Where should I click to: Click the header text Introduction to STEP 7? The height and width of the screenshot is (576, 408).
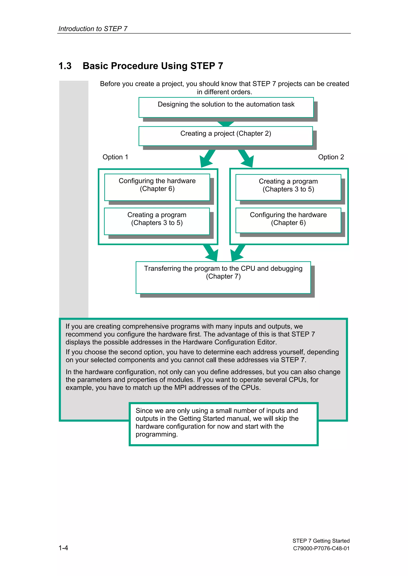tap(93, 29)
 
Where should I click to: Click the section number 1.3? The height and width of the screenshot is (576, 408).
tap(65, 66)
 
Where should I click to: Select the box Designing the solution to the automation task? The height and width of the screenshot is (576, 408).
tap(226, 107)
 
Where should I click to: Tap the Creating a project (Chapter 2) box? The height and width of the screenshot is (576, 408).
tap(226, 136)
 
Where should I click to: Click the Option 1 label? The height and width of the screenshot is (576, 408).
tap(115, 157)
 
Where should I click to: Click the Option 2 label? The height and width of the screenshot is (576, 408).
tap(331, 157)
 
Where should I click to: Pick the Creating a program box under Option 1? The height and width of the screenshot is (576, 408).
tap(157, 221)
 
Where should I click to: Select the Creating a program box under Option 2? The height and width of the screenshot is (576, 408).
tap(288, 187)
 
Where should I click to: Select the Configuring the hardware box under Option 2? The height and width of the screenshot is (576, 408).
tap(288, 220)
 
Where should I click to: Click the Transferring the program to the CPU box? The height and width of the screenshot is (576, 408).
tap(223, 277)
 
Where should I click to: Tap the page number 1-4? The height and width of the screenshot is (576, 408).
tap(63, 548)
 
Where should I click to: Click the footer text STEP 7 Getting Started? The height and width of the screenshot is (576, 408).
tap(321, 541)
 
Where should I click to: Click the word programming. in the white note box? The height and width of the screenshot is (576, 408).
tap(156, 434)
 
